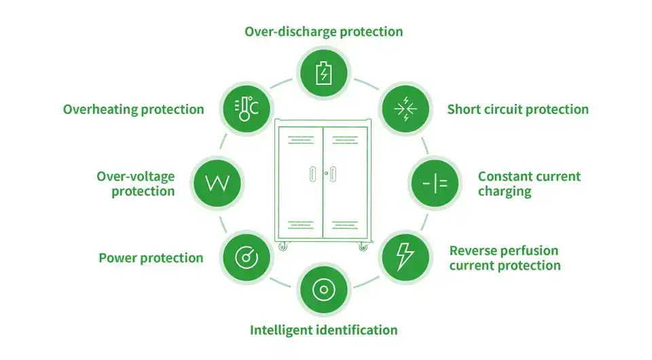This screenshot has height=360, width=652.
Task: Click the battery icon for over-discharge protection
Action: pyautogui.click(x=323, y=71)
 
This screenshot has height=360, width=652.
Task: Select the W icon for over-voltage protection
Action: pyautogui.click(x=217, y=183)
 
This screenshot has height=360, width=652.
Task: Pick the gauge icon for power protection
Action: pyautogui.click(x=245, y=257)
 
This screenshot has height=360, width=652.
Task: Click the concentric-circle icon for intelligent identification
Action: pyautogui.click(x=323, y=289)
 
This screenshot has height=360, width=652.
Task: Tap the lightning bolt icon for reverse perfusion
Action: pyautogui.click(x=405, y=257)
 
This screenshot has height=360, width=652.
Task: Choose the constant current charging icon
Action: pyautogui.click(x=434, y=183)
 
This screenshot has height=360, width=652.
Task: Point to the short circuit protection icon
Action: pyautogui.click(x=405, y=109)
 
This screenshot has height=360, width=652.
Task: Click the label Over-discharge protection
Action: pyautogui.click(x=323, y=31)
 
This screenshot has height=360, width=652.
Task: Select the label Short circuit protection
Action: pyautogui.click(x=518, y=109)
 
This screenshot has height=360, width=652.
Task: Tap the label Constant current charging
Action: pyautogui.click(x=529, y=183)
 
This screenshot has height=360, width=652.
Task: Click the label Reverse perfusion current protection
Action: pyautogui.click(x=505, y=258)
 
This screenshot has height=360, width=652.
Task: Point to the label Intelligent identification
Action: pyautogui.click(x=323, y=330)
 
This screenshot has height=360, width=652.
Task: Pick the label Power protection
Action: pyautogui.click(x=151, y=257)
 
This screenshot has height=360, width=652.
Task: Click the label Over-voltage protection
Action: pyautogui.click(x=135, y=183)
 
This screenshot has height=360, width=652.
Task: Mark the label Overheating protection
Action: pyautogui.click(x=133, y=109)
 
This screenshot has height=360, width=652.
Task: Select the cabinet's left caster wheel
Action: pyautogui.click(x=285, y=247)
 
